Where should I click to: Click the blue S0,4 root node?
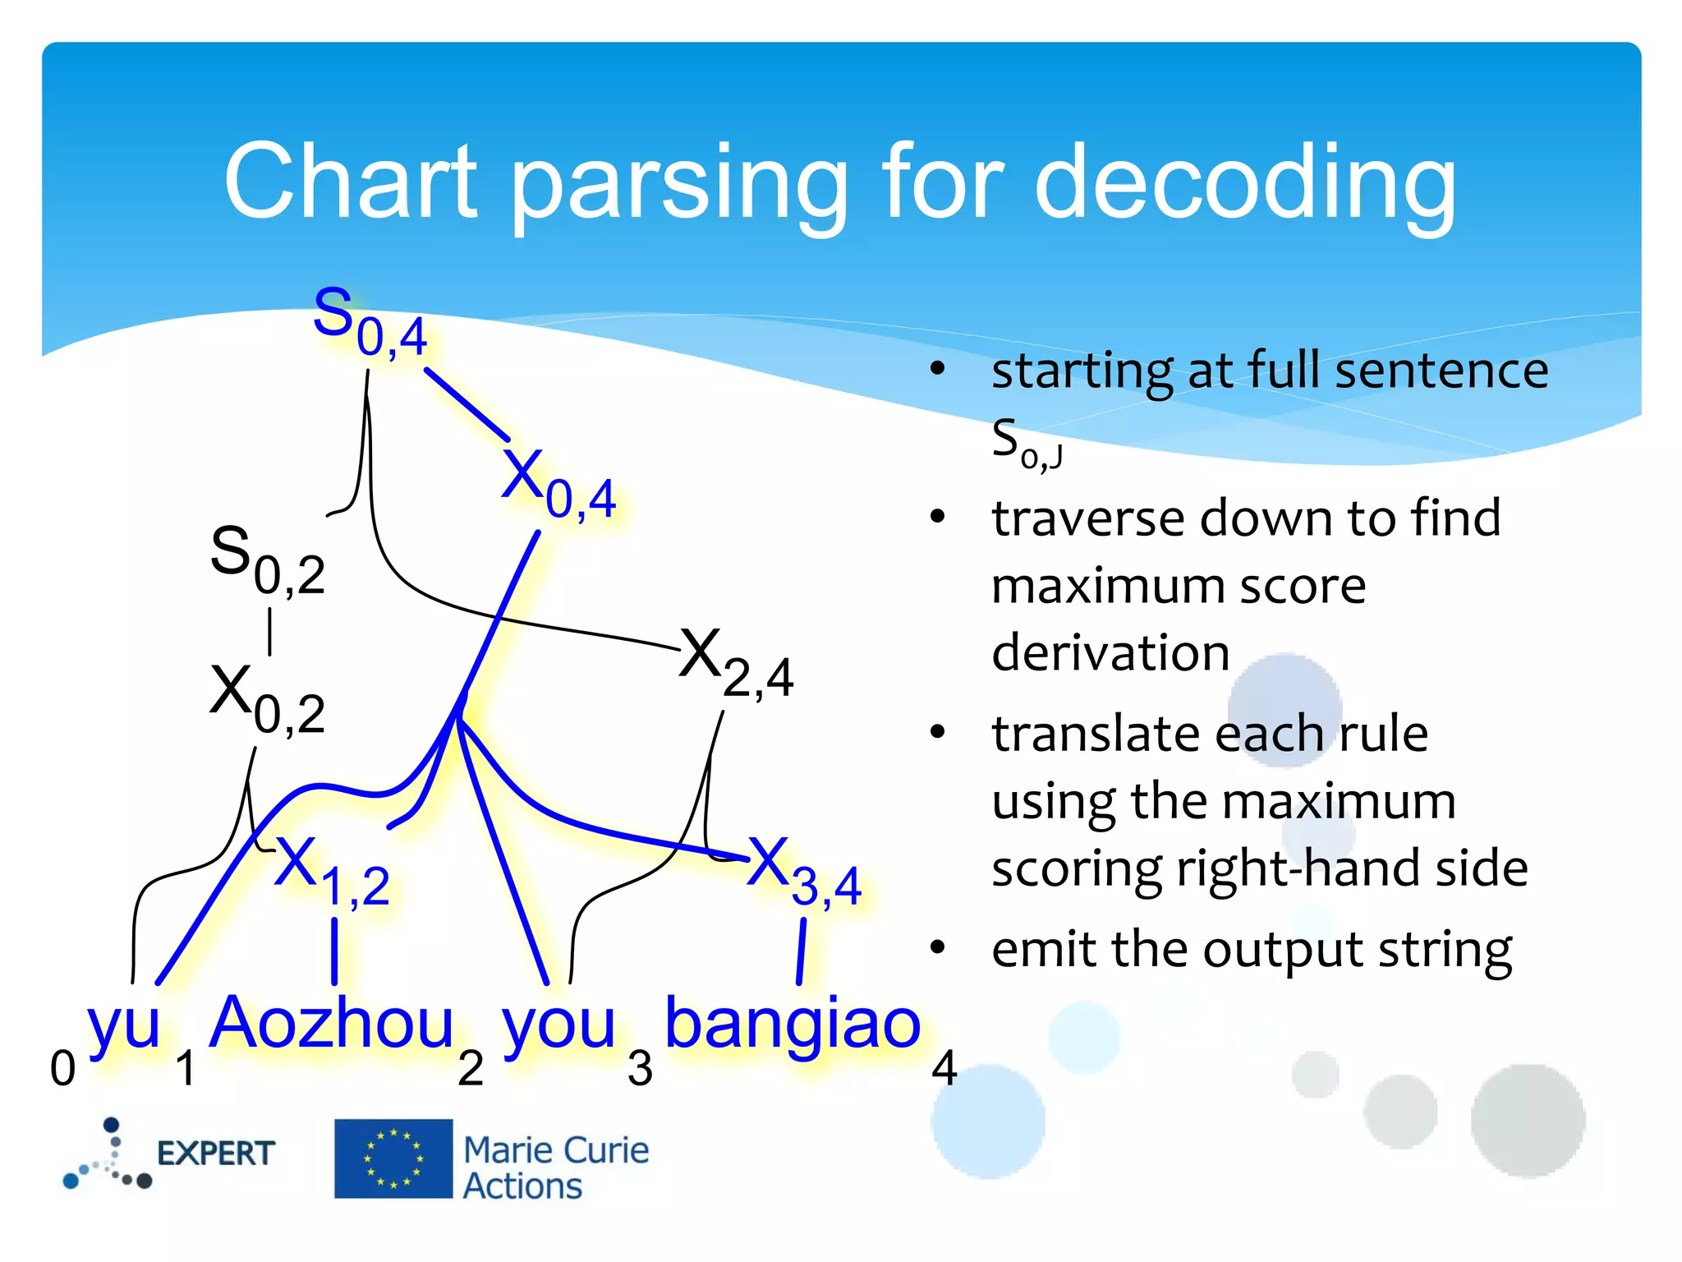(x=370, y=322)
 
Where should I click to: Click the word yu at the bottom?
(x=123, y=1024)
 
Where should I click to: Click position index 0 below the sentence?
(x=62, y=1068)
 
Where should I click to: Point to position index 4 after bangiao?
(x=944, y=1068)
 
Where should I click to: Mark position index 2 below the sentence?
(x=470, y=1068)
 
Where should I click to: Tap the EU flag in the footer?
(x=393, y=1158)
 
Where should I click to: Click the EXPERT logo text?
(x=215, y=1154)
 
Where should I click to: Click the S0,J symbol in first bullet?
(x=1025, y=444)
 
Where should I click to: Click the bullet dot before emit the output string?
(x=938, y=948)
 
